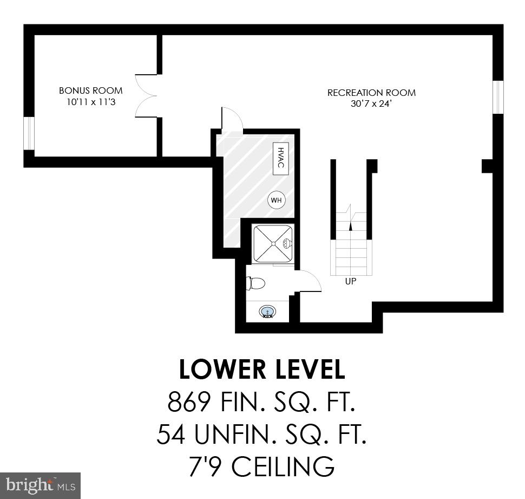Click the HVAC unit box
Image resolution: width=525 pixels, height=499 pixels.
pos(280,159)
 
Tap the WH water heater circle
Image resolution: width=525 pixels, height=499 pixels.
pos(276,200)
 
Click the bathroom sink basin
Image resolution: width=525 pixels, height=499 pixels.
pos(267,312)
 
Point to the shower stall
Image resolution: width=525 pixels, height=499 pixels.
pos(273,244)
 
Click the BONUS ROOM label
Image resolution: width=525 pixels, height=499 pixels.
pos(91,90)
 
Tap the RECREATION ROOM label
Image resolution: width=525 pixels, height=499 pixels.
pos(371,93)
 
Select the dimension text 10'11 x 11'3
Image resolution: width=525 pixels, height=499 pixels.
pos(91,101)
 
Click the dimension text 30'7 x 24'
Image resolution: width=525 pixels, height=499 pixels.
pos(371,103)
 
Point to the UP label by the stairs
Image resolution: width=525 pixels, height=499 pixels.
pos(351,282)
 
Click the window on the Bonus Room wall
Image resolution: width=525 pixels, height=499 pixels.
pos(29,133)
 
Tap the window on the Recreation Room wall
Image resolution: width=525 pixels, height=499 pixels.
pos(498,98)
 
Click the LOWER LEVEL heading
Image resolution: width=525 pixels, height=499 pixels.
pos(262,370)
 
